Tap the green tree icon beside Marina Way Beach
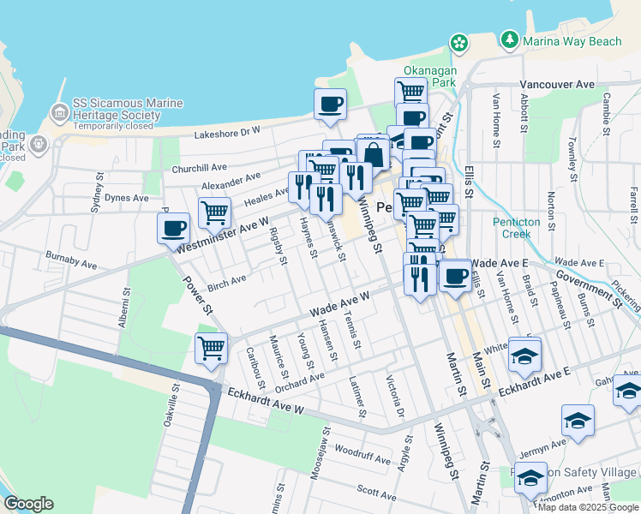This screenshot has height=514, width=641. tap(511, 39)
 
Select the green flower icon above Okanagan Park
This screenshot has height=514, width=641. tap(459, 42)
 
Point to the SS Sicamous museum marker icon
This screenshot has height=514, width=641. tap(60, 112)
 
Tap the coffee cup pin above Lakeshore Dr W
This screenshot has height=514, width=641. tap(330, 105)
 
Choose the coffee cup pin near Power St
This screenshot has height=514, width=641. tap(173, 229)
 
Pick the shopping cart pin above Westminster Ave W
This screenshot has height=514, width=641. tap(214, 212)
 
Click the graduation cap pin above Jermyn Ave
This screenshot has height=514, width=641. tap(578, 421)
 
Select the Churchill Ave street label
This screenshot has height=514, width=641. tap(199, 168)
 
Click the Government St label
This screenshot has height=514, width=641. tap(588, 287)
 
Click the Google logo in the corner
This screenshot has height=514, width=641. tap(28, 504)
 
